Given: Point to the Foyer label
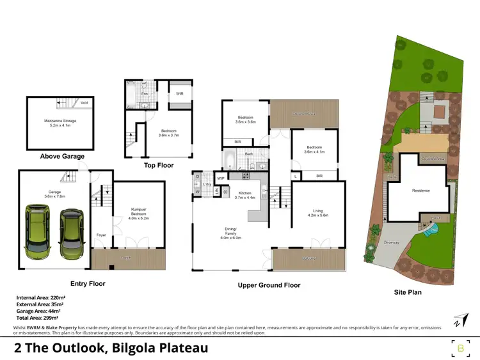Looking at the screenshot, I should [101, 235].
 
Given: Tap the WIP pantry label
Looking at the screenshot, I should [221, 178].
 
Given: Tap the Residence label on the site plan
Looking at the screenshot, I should [420, 191].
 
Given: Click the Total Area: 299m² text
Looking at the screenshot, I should [38, 317].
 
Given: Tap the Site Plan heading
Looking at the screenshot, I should [407, 292].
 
